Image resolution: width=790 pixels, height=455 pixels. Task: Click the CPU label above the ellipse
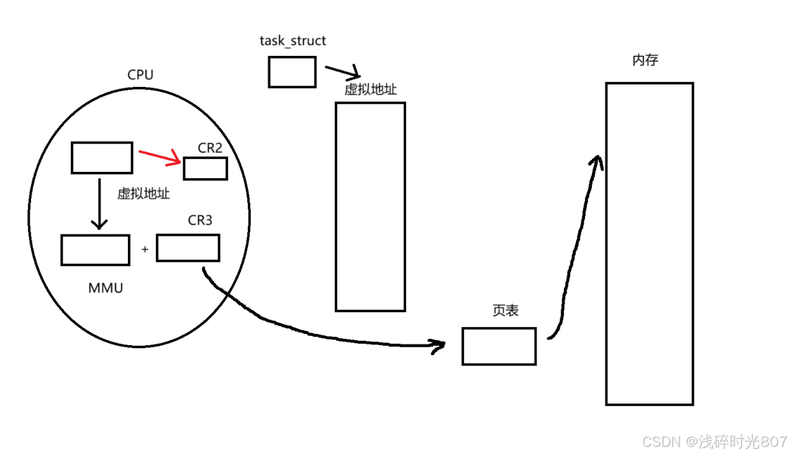(x=140, y=75)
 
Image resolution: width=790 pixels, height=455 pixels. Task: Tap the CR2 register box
(x=205, y=168)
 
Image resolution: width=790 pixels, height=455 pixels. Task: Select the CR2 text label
(x=210, y=148)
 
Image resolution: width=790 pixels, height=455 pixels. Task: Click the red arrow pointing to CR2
(x=160, y=156)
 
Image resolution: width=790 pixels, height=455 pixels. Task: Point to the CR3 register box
(x=188, y=248)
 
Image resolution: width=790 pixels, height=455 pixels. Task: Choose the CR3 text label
(x=200, y=220)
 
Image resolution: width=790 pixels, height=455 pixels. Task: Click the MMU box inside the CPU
(x=95, y=250)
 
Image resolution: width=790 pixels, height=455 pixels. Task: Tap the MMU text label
(x=106, y=288)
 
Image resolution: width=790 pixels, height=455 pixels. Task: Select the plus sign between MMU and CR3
(x=145, y=250)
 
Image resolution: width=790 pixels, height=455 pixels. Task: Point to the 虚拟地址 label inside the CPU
(x=143, y=194)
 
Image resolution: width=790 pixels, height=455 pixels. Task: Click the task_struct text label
(x=293, y=41)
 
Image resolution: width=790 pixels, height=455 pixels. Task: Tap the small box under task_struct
(x=292, y=72)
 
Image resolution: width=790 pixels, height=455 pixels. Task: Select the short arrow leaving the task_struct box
(x=342, y=70)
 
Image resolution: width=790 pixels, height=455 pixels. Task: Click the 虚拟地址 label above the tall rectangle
(x=370, y=90)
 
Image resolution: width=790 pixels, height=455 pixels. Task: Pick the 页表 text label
(x=505, y=311)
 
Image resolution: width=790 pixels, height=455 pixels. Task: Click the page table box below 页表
(x=499, y=346)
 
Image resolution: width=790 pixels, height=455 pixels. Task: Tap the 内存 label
(x=645, y=60)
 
